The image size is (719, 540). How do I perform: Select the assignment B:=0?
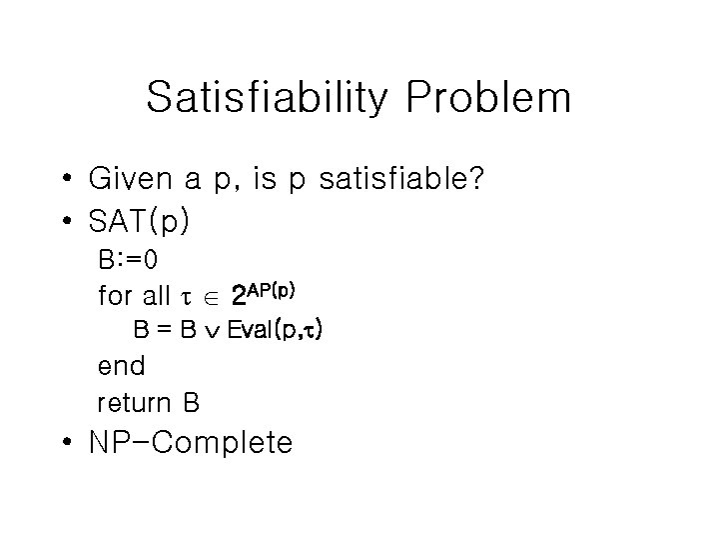click(127, 260)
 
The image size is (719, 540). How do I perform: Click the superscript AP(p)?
click(272, 289)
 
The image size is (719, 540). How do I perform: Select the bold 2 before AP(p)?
click(238, 297)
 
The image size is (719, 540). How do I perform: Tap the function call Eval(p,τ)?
click(274, 330)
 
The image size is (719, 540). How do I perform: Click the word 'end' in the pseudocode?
click(121, 366)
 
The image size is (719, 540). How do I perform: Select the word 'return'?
click(135, 403)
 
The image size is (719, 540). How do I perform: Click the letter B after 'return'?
click(191, 403)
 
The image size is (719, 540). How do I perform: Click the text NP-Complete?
click(191, 443)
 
